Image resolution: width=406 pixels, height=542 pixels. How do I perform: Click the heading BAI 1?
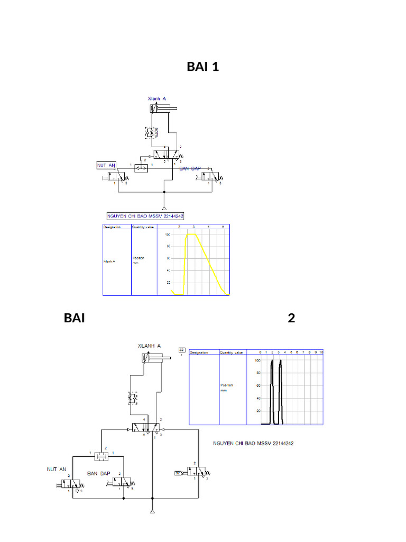[202, 67]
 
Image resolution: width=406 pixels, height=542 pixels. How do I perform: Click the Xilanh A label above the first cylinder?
[156, 98]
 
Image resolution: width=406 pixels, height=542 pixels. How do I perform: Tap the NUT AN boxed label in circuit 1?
[106, 165]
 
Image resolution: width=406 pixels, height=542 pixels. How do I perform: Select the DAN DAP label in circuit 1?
[191, 168]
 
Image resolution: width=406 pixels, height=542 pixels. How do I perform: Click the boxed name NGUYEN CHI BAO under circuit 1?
[145, 216]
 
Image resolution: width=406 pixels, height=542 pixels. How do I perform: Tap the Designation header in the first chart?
[112, 227]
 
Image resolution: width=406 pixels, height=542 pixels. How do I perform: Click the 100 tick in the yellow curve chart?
[168, 234]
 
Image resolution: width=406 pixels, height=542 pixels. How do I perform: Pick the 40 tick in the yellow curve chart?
[168, 270]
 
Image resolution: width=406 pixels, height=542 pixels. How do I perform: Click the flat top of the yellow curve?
[191, 234]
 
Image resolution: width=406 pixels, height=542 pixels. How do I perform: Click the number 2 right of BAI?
[291, 318]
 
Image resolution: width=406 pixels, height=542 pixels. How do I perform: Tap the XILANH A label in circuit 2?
[149, 346]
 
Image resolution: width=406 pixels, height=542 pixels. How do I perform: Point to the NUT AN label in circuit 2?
[57, 469]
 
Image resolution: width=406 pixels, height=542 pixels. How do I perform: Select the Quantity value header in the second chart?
[232, 352]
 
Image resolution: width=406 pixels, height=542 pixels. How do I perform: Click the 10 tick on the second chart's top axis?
[321, 352]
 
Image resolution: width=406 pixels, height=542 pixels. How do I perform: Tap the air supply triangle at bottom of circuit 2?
[152, 512]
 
